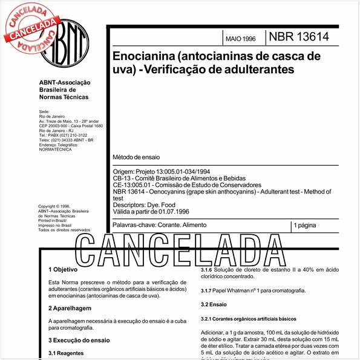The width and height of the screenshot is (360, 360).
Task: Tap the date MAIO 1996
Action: (240, 38)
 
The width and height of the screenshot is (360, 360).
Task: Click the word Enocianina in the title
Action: (143, 56)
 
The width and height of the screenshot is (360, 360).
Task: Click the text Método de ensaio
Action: (137, 157)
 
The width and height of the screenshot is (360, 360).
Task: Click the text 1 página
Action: (308, 225)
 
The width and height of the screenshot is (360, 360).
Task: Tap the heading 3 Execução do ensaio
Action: (78, 341)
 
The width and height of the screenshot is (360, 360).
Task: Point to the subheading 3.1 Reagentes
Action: (66, 353)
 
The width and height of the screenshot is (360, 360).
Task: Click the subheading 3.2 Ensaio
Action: (214, 305)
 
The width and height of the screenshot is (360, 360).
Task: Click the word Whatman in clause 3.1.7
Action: (244, 291)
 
